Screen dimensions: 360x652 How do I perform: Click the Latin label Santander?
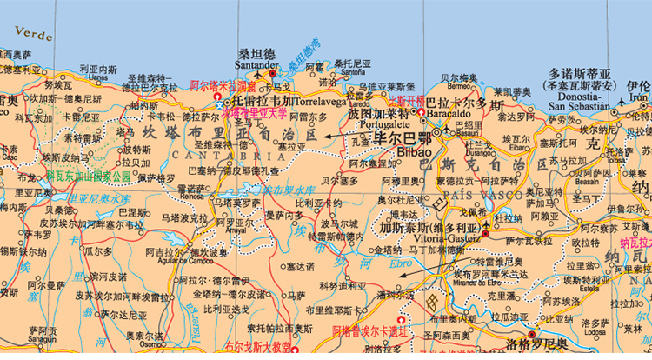(x=256, y=65)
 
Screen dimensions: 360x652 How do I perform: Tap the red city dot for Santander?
(x=271, y=75)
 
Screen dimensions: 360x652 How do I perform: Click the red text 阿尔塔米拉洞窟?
(x=223, y=87)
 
